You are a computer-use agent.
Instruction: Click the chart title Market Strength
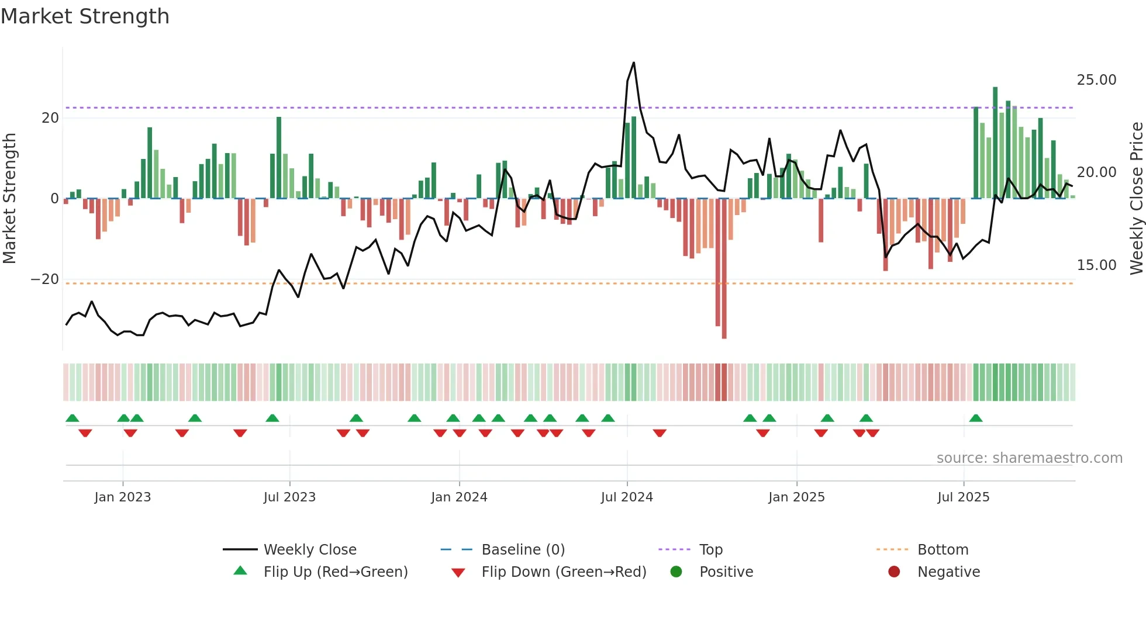pos(85,16)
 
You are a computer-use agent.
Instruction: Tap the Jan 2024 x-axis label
pos(459,497)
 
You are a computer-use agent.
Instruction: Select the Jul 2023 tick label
pos(289,497)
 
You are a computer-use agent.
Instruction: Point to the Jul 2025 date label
pos(963,497)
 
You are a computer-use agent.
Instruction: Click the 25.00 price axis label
pos(1096,80)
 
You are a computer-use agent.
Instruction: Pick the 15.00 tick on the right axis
pos(1096,265)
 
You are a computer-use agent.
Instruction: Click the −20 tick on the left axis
pos(45,279)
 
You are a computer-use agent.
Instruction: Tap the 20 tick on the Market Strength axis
pos(50,118)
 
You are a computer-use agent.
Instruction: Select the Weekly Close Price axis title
pos(1136,199)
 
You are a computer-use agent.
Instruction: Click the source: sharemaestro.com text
pos(1029,458)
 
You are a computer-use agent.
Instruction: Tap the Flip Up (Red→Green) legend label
pos(336,572)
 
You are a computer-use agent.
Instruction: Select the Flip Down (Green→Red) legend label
pos(564,572)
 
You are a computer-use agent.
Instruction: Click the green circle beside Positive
pos(676,572)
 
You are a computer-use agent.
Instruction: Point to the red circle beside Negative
pos(894,572)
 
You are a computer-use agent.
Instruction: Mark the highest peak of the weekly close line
pos(634,63)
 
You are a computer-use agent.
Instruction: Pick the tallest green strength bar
pos(995,143)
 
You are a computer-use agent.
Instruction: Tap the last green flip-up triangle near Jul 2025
pos(976,418)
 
